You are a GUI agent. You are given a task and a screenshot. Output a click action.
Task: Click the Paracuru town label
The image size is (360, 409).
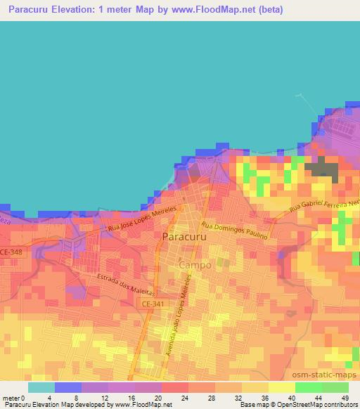(184, 238)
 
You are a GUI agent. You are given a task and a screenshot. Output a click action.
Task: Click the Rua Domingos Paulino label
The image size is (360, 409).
(234, 231)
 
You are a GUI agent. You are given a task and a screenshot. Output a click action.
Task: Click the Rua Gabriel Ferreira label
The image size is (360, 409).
(324, 204)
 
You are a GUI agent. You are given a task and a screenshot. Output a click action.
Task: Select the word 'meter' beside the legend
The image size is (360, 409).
(11, 397)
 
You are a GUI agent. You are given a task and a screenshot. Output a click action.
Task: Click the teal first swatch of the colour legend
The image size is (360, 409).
(41, 387)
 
